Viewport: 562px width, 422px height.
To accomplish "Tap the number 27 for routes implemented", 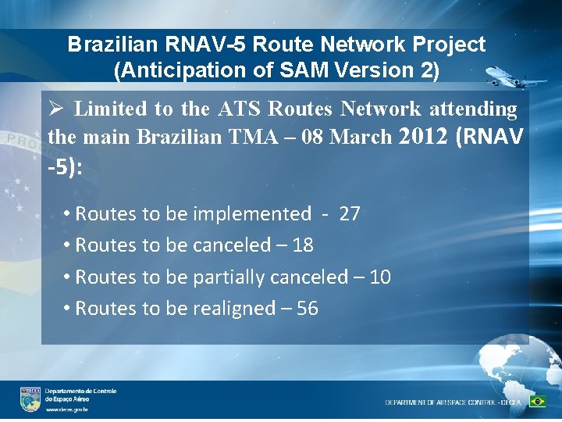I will click(x=350, y=214).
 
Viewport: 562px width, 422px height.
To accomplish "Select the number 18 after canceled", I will click(x=303, y=245).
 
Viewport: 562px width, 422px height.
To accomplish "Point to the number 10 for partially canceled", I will click(x=380, y=277).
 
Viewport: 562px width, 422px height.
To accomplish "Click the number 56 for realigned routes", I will click(x=308, y=309).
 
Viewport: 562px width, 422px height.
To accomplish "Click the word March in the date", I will click(x=364, y=137).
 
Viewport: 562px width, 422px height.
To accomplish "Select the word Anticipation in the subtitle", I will click(x=183, y=70).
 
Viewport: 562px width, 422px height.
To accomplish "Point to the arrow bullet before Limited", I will click(x=55, y=109).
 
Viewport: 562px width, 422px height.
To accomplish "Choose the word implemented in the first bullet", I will click(x=251, y=214).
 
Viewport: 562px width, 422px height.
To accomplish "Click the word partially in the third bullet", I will click(x=229, y=277).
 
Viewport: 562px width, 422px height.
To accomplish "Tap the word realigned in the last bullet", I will click(x=233, y=309).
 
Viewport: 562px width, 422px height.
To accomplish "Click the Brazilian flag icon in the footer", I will click(x=537, y=402).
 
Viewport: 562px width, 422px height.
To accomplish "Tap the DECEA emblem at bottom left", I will click(x=30, y=399).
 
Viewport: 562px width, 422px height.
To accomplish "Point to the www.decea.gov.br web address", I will click(x=66, y=409).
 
